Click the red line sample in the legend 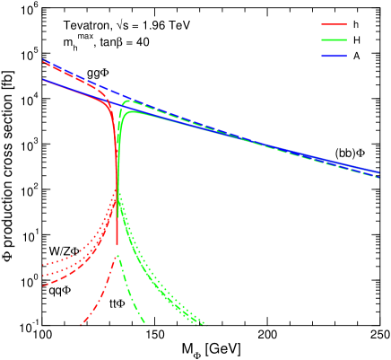[334, 25]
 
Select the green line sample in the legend [334, 40]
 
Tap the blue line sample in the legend [334, 56]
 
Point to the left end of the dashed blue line [43, 60]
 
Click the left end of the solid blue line [43, 80]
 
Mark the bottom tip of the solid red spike [117, 244]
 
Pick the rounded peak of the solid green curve [133, 110]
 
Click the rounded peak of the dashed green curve [128, 99]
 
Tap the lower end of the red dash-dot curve [81, 323]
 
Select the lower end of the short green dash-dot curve [144, 322]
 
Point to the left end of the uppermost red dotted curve [43, 265]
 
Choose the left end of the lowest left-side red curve [43, 285]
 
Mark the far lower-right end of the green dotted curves [205, 323]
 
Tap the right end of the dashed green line [379, 178]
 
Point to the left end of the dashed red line [43, 63]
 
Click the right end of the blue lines [379, 171]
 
